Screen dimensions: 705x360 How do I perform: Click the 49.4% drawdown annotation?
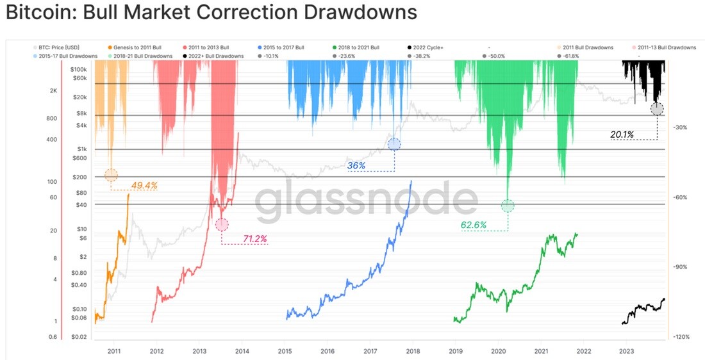144,184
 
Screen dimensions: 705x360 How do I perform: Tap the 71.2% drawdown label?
255,239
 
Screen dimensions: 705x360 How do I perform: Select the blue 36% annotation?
356,166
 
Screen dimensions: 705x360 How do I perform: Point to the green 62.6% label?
474,225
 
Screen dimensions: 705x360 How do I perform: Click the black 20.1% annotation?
622,134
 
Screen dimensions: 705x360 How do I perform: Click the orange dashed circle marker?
111,176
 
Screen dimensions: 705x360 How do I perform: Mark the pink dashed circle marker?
222,224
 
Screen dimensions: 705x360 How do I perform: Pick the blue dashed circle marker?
394,144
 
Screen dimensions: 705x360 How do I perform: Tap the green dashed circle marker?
508,206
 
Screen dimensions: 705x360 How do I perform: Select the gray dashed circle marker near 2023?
657,108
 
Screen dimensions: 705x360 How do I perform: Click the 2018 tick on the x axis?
412,350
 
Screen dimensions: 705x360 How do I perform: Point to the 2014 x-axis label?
242,350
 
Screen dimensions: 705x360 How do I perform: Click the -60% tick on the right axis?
679,197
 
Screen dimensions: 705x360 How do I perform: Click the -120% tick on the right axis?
680,336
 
